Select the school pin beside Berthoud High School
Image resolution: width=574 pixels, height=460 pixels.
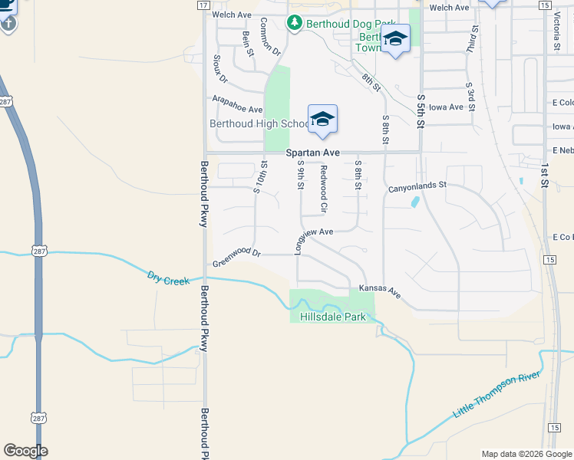tap(323, 120)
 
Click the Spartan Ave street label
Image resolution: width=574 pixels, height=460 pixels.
tap(313, 153)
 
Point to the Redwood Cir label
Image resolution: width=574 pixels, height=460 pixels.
tap(324, 189)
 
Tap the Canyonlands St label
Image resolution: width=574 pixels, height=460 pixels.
tap(417, 186)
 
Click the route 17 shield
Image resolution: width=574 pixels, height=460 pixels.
tap(203, 5)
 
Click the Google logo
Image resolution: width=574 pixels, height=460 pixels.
tap(25, 451)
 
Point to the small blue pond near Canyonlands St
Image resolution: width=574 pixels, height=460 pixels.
tap(415, 202)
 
